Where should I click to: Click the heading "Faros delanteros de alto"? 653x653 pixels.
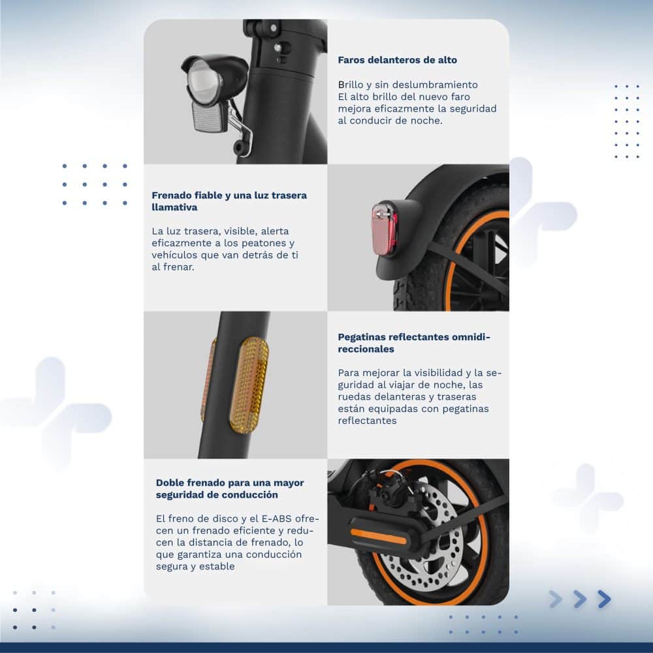(397, 60)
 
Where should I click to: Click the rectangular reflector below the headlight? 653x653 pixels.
(209, 117)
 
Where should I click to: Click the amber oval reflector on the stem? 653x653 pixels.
(249, 385)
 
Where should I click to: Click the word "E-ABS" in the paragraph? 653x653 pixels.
(277, 518)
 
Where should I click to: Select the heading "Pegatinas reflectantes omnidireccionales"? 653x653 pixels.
(414, 343)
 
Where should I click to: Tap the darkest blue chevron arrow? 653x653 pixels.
(604, 599)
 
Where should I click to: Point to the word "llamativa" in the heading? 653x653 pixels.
(174, 208)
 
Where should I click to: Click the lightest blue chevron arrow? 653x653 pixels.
(556, 599)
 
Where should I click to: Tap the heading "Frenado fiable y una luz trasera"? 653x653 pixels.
(229, 195)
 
